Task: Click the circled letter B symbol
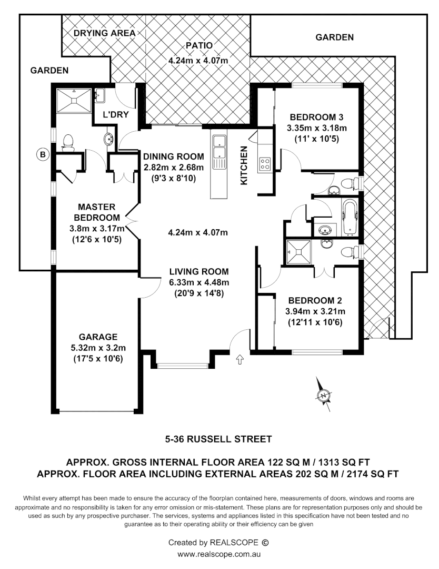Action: tap(43, 154)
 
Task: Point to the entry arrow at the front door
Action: tap(240, 359)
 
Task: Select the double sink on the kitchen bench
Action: tap(219, 148)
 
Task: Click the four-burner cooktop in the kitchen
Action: tap(264, 164)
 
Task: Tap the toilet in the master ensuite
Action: tap(67, 143)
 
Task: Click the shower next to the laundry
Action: tap(75, 100)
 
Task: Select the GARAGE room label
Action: tap(98, 337)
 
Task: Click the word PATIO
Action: tap(198, 46)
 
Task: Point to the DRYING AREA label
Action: tap(104, 33)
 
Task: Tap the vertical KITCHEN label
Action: tap(244, 165)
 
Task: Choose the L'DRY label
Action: tap(116, 114)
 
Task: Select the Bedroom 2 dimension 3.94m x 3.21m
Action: tap(314, 311)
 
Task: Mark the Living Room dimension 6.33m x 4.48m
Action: tap(198, 282)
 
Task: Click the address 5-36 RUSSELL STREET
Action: tap(218, 438)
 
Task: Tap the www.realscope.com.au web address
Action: tap(219, 554)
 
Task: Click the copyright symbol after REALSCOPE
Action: tap(265, 542)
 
